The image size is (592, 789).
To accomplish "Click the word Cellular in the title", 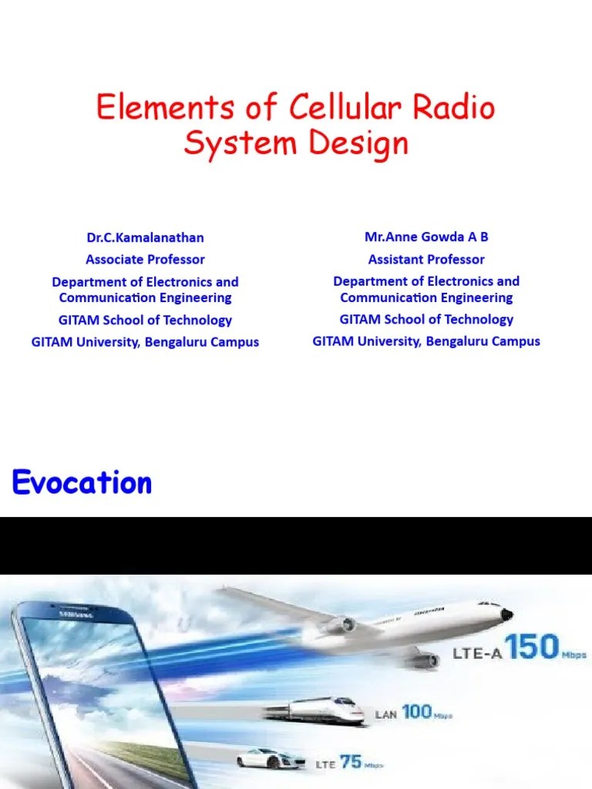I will [345, 109].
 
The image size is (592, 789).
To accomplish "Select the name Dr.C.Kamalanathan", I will [145, 237].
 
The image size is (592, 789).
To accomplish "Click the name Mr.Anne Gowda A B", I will [426, 237].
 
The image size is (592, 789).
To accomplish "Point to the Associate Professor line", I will [145, 260].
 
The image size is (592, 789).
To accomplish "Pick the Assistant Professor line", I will [426, 260].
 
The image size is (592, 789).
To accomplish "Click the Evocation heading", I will [82, 483].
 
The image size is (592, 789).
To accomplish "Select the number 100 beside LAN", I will [416, 712].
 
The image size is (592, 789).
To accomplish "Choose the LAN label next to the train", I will [385, 715].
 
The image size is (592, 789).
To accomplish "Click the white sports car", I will [271, 758].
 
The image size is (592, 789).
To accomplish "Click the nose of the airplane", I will [506, 614].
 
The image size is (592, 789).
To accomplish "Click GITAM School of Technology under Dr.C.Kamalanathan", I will [145, 320].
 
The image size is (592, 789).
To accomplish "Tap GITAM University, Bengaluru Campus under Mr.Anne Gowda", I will [426, 341].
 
